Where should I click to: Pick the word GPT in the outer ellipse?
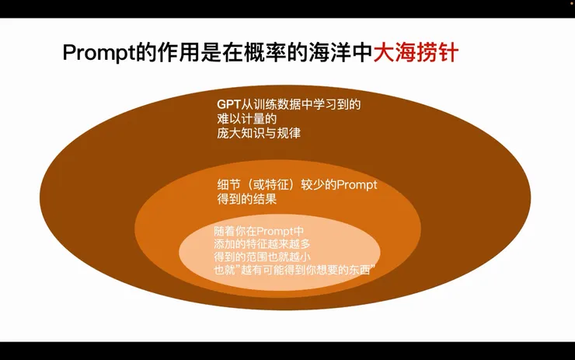(228, 104)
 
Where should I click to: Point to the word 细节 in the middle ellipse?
(228, 185)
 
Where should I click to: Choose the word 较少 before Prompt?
(315, 185)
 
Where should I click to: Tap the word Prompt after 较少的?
(357, 185)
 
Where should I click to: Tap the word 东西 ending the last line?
(361, 271)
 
